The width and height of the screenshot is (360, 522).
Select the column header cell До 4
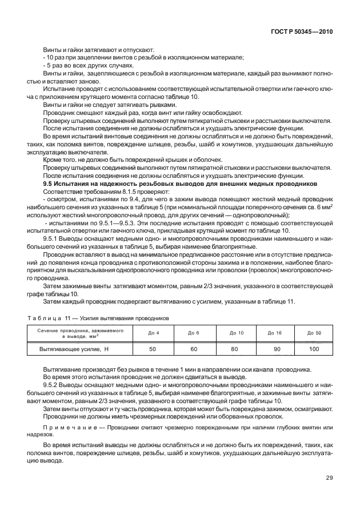[153, 332]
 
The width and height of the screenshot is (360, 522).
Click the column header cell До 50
[314, 332]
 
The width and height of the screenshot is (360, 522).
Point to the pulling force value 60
[194, 348]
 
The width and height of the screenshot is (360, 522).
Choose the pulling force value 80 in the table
[234, 348]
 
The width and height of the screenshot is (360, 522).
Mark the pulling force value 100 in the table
[314, 348]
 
